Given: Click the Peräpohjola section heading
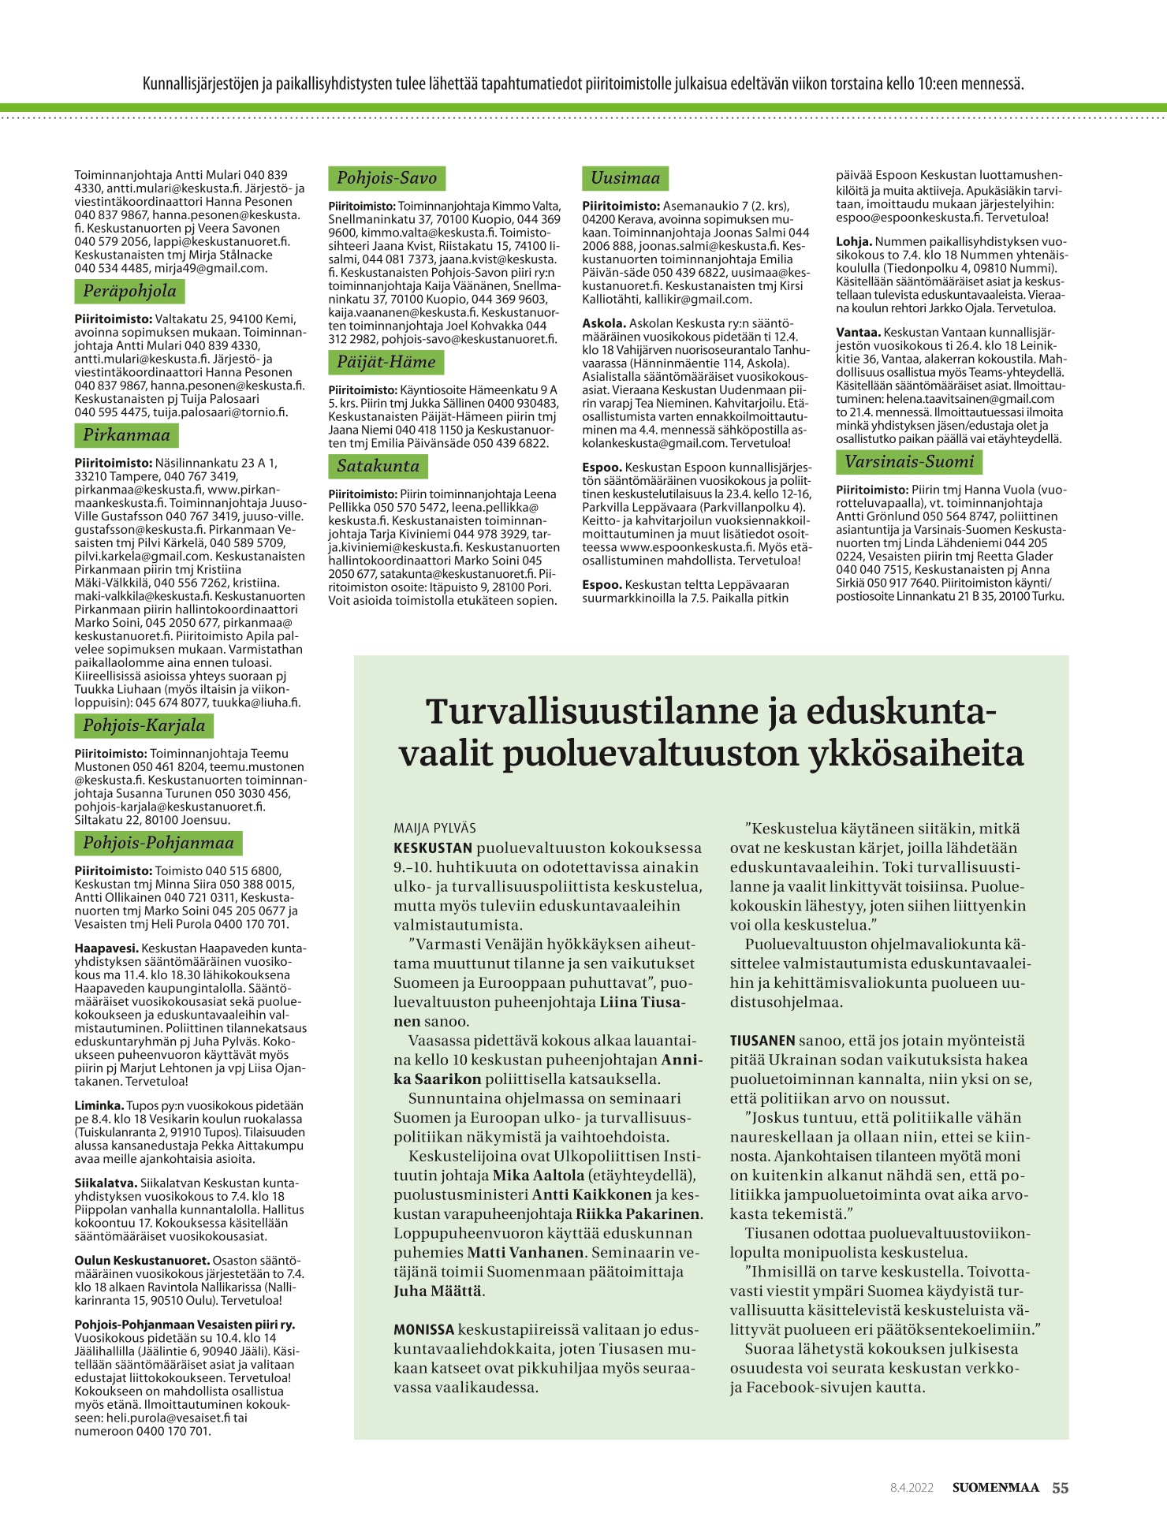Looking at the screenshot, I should pyautogui.click(x=129, y=292).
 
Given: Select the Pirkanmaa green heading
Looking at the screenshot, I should pyautogui.click(x=126, y=435).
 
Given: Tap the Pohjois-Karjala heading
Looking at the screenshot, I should pyautogui.click(x=144, y=726).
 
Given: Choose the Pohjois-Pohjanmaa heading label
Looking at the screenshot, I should pyautogui.click(x=158, y=844).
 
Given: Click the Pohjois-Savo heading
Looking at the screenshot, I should pyautogui.click(x=386, y=178).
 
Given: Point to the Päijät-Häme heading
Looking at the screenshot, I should pyautogui.click(x=386, y=363).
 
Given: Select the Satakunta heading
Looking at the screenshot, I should pyautogui.click(x=378, y=467).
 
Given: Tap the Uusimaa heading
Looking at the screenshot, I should pyautogui.click(x=625, y=178).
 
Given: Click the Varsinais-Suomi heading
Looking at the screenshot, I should pyautogui.click(x=909, y=462).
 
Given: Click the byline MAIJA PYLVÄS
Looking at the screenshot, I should pyautogui.click(x=434, y=829).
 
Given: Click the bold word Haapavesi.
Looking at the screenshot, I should pyautogui.click(x=106, y=948).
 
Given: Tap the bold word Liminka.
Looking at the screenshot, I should pyautogui.click(x=99, y=1106).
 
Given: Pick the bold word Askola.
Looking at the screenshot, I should pyautogui.click(x=604, y=323).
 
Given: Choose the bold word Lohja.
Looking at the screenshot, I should pyautogui.click(x=854, y=242).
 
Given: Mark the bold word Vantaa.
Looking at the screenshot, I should pyautogui.click(x=858, y=333).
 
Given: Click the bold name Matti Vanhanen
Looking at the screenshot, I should pyautogui.click(x=526, y=1252).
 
